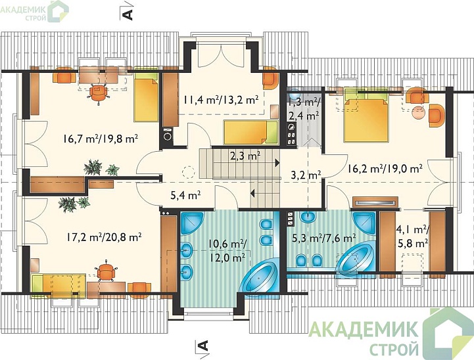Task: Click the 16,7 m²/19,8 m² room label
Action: click(101, 139)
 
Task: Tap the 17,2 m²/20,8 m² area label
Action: click(104, 237)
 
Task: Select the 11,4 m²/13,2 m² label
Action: click(221, 99)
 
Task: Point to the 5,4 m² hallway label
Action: click(186, 196)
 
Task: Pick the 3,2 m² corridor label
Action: click(305, 175)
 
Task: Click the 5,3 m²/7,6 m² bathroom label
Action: click(323, 238)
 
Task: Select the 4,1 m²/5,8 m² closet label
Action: click(413, 236)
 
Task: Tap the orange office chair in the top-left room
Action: click(98, 93)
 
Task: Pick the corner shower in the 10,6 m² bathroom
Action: click(192, 223)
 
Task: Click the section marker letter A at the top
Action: click(128, 14)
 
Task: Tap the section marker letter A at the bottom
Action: click(203, 345)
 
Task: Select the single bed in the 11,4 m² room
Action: click(250, 132)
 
